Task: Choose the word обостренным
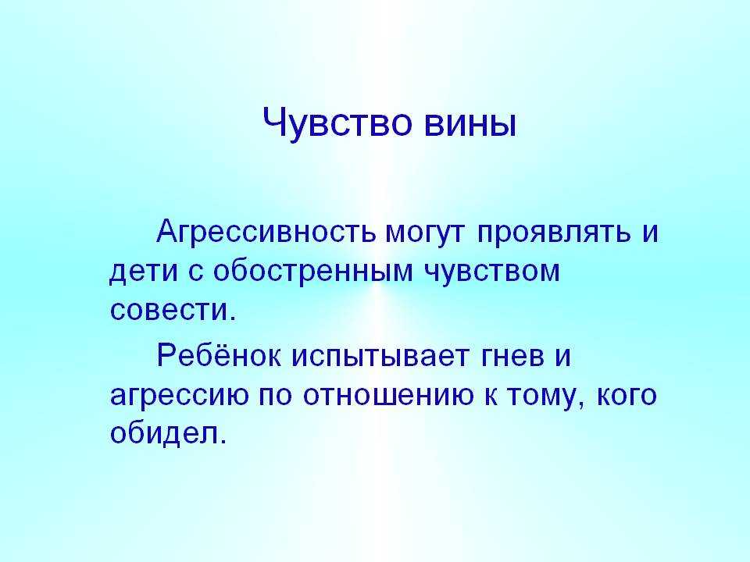coord(312,271)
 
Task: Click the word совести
coord(173,310)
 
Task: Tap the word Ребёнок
coord(219,356)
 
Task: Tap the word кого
coord(626,396)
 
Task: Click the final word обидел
coord(167,432)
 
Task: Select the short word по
coord(275,396)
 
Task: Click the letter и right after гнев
coord(563,358)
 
